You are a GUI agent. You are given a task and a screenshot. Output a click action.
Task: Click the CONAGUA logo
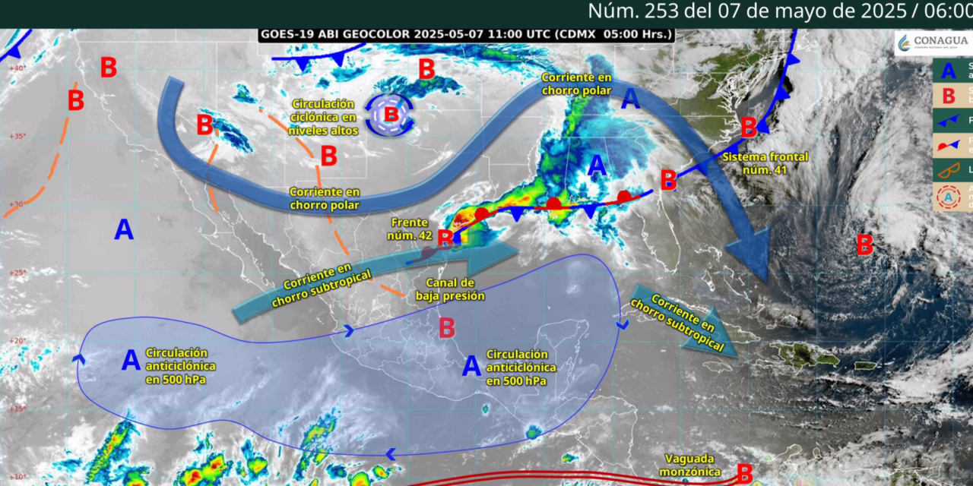[x=933, y=43]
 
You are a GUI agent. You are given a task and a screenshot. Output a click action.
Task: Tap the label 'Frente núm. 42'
[x=411, y=229]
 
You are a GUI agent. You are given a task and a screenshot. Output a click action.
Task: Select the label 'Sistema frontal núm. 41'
[x=756, y=163]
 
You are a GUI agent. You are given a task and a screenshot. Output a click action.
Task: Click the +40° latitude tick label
[x=17, y=68]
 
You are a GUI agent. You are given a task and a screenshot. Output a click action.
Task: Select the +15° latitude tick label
[x=17, y=409]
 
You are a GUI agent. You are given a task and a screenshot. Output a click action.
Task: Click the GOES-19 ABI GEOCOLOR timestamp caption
[x=466, y=34]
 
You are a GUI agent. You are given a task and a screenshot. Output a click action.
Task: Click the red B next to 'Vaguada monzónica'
[x=744, y=473]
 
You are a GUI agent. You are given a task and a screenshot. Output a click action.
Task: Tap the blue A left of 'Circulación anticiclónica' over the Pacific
[x=131, y=361]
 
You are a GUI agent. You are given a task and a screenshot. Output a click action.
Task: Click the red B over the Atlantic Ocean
[x=864, y=245]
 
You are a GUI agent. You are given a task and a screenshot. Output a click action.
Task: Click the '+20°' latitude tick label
[x=17, y=340]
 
